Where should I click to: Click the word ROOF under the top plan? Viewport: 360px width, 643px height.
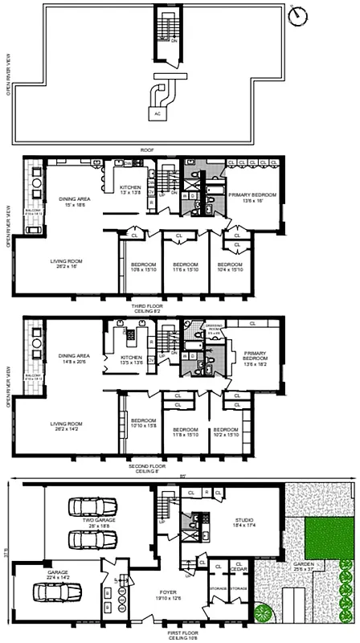pos(147,149)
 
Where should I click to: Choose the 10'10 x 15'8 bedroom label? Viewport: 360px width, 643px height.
pos(143,424)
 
